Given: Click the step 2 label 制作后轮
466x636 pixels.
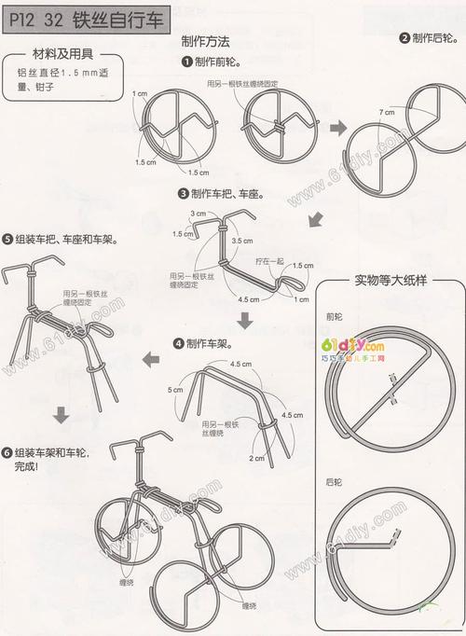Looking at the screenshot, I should point(433,38).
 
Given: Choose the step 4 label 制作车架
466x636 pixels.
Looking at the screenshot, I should point(208,343).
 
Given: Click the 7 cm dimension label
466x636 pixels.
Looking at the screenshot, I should point(385,112).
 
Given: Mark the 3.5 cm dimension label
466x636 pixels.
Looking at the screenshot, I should point(242,240).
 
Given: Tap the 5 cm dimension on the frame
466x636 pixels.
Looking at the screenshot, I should point(174,389).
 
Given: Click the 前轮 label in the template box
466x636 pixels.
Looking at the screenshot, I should point(334,315).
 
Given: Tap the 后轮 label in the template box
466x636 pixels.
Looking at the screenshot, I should point(334,482).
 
